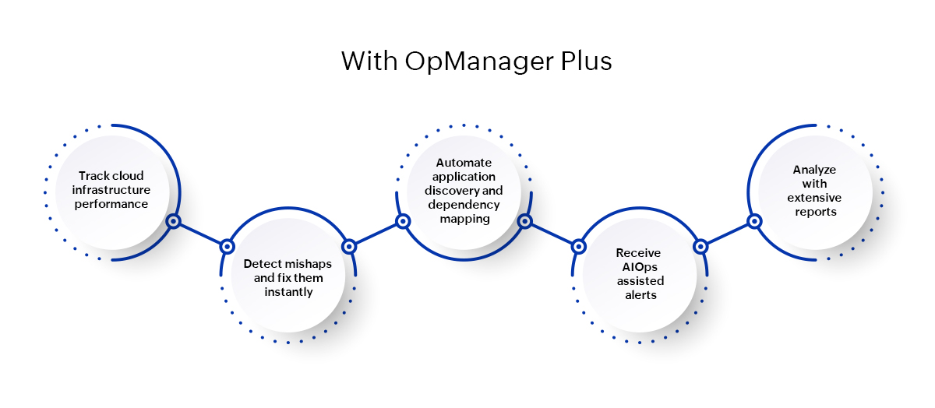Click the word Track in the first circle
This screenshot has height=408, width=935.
[93, 176]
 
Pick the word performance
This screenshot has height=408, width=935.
[111, 204]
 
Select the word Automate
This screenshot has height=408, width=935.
[464, 163]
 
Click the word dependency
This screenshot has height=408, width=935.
[464, 205]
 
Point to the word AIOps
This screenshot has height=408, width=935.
[638, 267]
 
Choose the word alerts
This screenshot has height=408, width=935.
[638, 295]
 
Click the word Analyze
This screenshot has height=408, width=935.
[813, 169]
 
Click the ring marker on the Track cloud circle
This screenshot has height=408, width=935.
[174, 221]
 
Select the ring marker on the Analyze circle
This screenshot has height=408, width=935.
[754, 221]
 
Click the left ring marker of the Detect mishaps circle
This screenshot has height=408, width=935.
[228, 246]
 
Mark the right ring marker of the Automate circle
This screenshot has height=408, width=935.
[524, 222]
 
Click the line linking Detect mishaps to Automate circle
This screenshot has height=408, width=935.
[376, 234]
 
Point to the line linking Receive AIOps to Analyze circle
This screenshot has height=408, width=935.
[727, 234]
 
